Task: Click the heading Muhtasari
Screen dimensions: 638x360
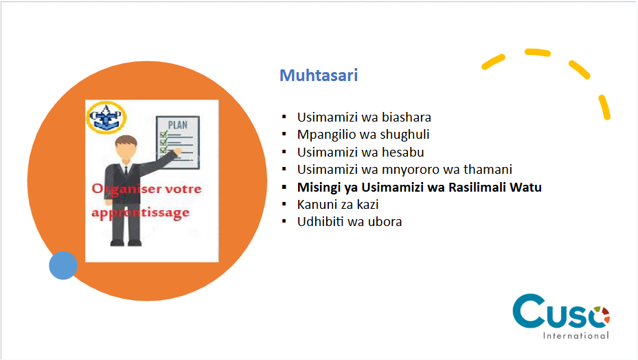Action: tap(319, 76)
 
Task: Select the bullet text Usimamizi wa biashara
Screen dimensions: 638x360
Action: tap(364, 117)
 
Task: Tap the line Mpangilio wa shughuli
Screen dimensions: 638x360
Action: tap(363, 135)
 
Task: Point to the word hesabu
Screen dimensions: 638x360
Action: tap(403, 153)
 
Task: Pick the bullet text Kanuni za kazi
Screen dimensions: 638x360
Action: tap(338, 205)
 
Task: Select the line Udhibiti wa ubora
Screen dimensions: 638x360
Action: tap(350, 222)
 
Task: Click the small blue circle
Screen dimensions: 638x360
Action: tap(63, 265)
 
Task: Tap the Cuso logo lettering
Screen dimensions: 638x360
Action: tap(561, 311)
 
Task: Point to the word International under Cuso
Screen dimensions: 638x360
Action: tap(576, 335)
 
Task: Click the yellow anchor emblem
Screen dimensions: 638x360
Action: tap(106, 117)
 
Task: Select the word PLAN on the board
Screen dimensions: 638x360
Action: tap(178, 125)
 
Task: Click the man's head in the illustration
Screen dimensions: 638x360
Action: tap(126, 148)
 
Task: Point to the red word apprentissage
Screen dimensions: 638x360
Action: tap(140, 213)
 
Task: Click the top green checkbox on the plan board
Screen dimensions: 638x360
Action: tap(164, 134)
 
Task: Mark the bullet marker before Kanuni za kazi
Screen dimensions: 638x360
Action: tap(284, 204)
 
